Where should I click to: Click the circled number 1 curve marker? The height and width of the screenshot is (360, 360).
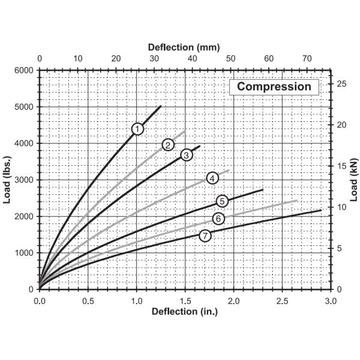tap(137, 128)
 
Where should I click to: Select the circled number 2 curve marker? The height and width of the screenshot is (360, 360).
tap(168, 144)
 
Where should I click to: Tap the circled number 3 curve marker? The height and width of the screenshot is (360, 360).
tap(186, 155)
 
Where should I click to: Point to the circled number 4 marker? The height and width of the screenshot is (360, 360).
tap(212, 178)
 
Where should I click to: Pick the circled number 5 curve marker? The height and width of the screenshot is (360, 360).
tap(221, 200)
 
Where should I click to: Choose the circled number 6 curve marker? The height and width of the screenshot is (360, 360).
tap(218, 218)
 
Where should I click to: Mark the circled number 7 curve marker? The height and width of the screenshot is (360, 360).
tap(205, 236)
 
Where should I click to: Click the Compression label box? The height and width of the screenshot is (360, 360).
tap(274, 86)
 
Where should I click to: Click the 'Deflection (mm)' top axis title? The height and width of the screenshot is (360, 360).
tap(185, 46)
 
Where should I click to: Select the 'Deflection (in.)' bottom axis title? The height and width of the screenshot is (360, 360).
tap(184, 311)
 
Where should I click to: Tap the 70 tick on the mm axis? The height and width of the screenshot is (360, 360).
tap(307, 58)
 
